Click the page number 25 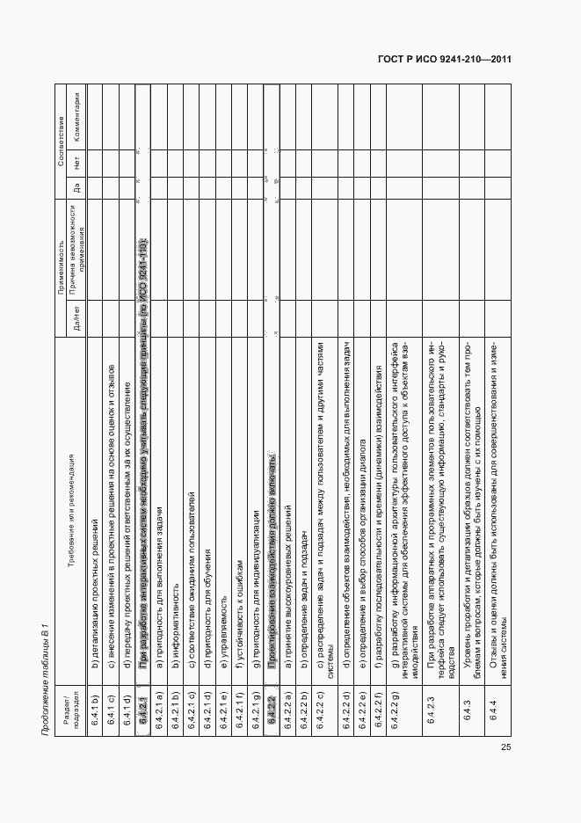(x=505, y=747)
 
